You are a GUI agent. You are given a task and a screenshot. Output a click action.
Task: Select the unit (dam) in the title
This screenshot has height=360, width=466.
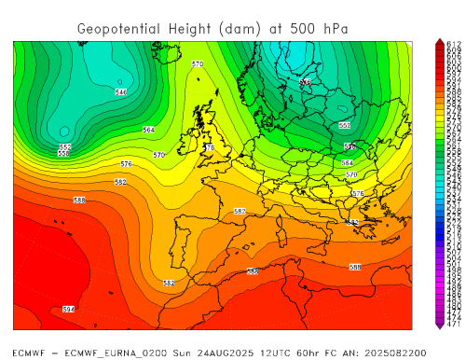[237, 29]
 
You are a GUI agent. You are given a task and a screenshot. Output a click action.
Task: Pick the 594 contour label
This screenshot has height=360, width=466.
[68, 309]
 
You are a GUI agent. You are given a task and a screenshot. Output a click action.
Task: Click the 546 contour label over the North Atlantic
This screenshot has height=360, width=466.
[120, 92]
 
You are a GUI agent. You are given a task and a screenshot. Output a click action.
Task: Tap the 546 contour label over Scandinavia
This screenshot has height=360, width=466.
[305, 83]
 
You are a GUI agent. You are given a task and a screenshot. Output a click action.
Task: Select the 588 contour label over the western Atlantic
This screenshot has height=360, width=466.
[79, 201]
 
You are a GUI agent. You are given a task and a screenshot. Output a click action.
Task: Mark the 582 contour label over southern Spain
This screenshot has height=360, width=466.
[169, 283]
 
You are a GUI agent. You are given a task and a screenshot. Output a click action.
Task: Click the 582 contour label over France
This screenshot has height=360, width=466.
[240, 212]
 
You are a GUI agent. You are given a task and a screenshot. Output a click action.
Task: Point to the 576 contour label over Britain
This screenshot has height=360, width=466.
[209, 147]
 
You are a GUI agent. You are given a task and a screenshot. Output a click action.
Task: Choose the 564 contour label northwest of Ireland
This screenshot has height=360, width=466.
[148, 130]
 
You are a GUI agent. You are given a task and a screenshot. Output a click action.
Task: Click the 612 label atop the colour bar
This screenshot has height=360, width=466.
[455, 44]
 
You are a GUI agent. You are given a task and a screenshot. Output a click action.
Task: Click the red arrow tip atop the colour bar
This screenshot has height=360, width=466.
[439, 42]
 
